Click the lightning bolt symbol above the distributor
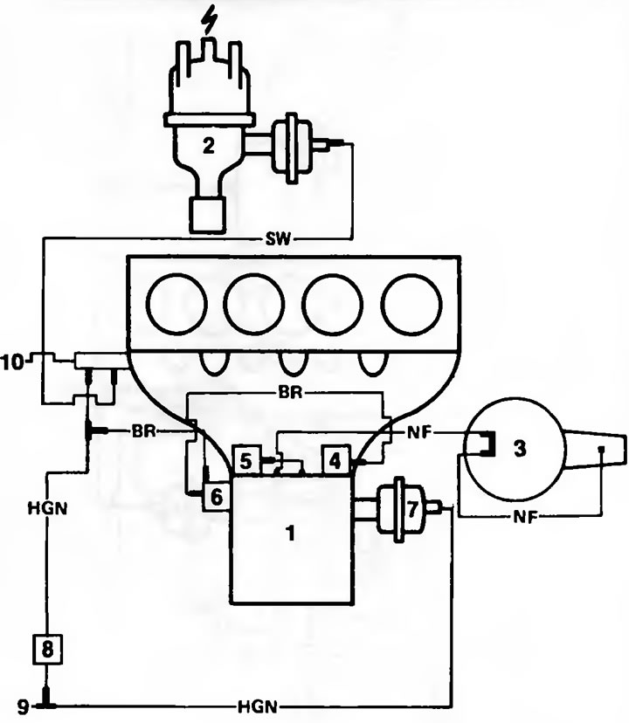pyautogui.click(x=210, y=20)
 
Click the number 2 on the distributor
pyautogui.click(x=209, y=146)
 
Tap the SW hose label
pyautogui.click(x=279, y=239)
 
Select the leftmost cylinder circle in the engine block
pyautogui.click(x=176, y=305)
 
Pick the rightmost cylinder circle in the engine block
pyautogui.click(x=411, y=305)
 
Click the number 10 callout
pyautogui.click(x=12, y=362)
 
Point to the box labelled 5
pyautogui.click(x=246, y=459)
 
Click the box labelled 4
pyautogui.click(x=335, y=459)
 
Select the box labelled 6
pyautogui.click(x=216, y=497)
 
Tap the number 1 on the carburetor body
pyautogui.click(x=291, y=533)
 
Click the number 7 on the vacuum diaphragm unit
pyautogui.click(x=412, y=508)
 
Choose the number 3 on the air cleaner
pyautogui.click(x=520, y=448)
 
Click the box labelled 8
pyautogui.click(x=47, y=650)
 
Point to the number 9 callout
pyautogui.click(x=23, y=706)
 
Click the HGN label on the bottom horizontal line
pyautogui.click(x=258, y=706)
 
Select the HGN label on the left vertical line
pyautogui.click(x=47, y=508)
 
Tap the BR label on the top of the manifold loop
pyautogui.click(x=290, y=393)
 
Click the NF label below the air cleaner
pyautogui.click(x=525, y=517)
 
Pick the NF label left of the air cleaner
pyautogui.click(x=419, y=432)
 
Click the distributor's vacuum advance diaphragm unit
pyautogui.click(x=292, y=146)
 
